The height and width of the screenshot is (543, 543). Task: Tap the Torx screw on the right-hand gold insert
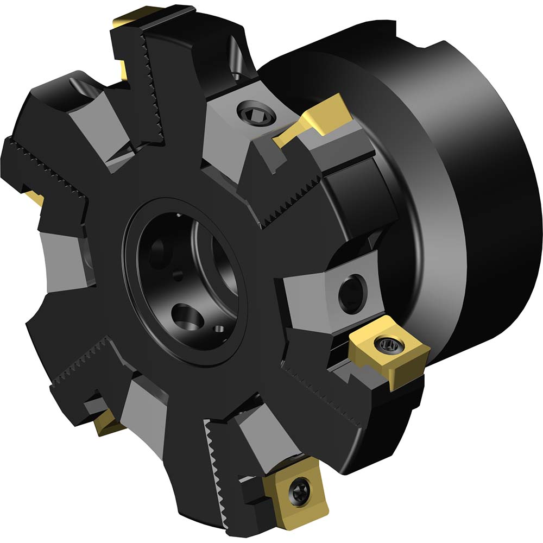tap(386, 343)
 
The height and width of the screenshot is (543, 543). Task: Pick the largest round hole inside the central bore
tap(185, 315)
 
